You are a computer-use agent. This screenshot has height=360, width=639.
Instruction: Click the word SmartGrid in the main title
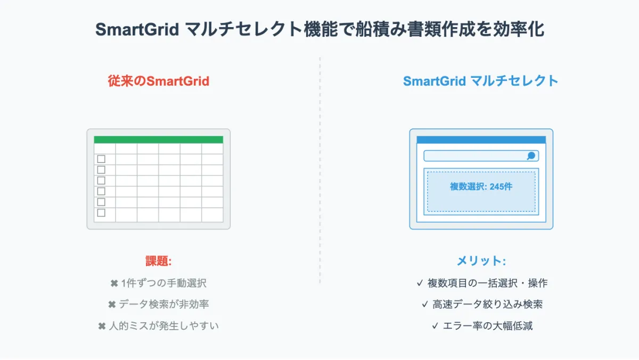137,29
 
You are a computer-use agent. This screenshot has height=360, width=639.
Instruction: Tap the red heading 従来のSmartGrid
159,81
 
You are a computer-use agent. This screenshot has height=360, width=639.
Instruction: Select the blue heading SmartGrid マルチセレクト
481,81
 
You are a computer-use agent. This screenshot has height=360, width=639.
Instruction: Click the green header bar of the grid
159,140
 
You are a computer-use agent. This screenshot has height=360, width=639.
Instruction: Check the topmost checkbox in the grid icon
101,159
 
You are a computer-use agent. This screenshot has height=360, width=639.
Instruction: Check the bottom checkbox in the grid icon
101,213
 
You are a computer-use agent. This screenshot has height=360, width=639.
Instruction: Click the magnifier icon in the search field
531,156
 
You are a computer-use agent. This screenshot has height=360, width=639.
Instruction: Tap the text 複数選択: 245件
481,186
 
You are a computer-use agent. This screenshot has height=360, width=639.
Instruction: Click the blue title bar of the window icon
481,140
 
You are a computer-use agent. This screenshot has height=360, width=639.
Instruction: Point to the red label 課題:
159,261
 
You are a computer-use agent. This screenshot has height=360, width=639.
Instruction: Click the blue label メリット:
481,261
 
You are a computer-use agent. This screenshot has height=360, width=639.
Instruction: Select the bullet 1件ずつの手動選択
164,283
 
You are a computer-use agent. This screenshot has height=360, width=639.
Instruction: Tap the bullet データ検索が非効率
164,305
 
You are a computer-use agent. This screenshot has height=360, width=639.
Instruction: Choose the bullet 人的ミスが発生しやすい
164,326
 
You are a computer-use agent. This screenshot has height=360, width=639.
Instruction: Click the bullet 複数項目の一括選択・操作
487,283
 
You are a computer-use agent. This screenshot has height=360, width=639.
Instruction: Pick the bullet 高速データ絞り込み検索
487,305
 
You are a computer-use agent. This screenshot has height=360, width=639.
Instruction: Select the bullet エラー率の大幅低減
488,326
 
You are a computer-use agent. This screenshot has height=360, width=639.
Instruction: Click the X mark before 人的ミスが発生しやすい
102,326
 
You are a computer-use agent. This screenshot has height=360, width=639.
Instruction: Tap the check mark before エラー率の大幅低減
435,326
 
